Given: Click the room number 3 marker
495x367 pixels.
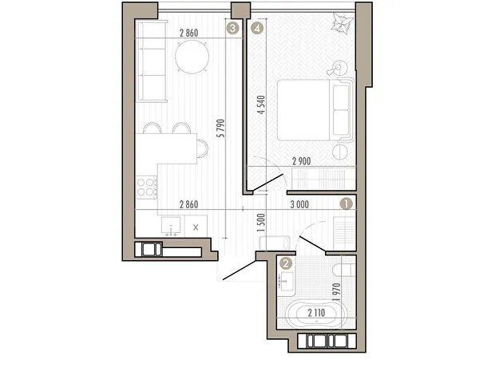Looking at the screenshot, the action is pos(233,29).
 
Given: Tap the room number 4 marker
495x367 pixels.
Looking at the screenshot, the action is pos(257,29).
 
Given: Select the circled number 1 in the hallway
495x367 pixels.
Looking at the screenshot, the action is pos(346,204).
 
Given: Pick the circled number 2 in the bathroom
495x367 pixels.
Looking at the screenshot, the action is pos(286,263).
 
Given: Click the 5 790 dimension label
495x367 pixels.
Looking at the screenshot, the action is pos(221,128).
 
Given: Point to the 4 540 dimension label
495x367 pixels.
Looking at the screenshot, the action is pos(262,105).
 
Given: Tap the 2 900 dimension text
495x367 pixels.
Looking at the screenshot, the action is pos(302,161).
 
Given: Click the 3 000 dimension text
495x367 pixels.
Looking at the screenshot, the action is pos(299,204).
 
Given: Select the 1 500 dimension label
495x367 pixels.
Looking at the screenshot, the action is pos(261,223).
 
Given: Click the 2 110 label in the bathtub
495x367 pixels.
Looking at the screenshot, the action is pos(316,313).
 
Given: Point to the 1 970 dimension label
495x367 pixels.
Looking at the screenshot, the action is pos(337,292).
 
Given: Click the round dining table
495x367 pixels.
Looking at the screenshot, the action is pos(192,57).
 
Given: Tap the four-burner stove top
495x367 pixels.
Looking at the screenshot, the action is pos(146,187).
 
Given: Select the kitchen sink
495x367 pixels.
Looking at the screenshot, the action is pos(171,226).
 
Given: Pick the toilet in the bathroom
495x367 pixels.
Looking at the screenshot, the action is pos(344,270).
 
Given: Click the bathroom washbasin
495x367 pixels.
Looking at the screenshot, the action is pos(287,281).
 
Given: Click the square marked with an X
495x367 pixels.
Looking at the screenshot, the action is pos(196,227).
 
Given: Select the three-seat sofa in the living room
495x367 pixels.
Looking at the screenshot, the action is pos(151,61).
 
